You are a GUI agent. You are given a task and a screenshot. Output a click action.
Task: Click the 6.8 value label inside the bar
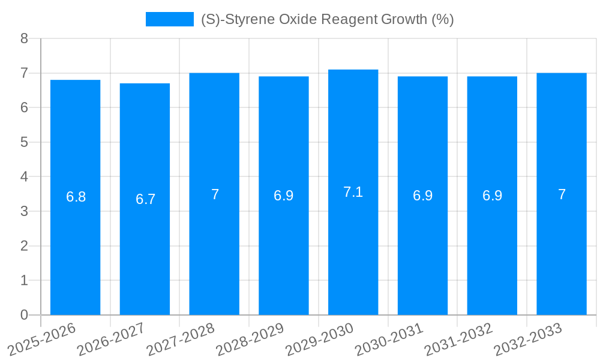pyautogui.click(x=76, y=197)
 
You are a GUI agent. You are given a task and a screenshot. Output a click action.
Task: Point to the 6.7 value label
pyautogui.click(x=145, y=199)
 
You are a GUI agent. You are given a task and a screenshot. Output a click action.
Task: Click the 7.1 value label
pyautogui.click(x=353, y=192)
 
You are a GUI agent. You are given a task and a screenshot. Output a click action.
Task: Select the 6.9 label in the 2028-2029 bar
pyautogui.click(x=284, y=196)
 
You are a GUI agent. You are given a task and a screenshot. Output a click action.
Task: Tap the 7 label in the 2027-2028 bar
pyautogui.click(x=215, y=194)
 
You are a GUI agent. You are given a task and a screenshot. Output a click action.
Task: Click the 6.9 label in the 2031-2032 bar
pyautogui.click(x=492, y=196)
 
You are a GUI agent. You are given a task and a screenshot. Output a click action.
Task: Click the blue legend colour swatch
pyautogui.click(x=169, y=19)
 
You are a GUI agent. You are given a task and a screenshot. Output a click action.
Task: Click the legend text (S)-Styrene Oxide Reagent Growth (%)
pyautogui.click(x=327, y=19)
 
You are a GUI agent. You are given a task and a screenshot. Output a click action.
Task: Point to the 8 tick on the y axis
pyautogui.click(x=24, y=38)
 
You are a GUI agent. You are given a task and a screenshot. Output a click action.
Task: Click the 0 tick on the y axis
pyautogui.click(x=24, y=315)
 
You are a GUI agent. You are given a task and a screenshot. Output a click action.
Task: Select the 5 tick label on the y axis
pyautogui.click(x=24, y=142)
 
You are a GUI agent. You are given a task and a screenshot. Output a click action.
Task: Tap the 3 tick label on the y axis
pyautogui.click(x=24, y=211)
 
